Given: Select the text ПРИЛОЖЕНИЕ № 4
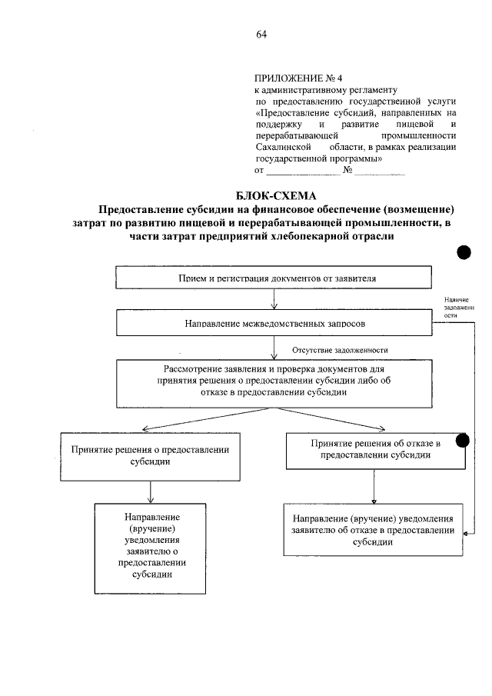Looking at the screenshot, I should (291, 78).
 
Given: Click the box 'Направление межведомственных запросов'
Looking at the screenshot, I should (273, 324).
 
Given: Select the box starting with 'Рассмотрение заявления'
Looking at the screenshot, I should (273, 381).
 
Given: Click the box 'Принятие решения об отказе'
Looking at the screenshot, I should (374, 449).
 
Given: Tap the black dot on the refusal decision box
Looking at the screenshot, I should (463, 440).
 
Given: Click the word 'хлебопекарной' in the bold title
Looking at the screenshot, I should (304, 238).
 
